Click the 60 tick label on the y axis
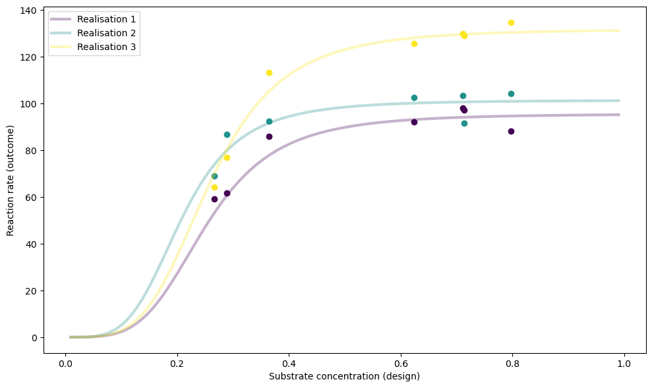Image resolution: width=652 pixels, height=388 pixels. [x=32, y=198]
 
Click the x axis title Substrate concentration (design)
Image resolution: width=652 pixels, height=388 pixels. [x=344, y=376]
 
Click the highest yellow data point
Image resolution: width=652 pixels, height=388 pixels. [x=511, y=22]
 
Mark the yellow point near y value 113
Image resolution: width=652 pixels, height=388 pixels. [x=269, y=72]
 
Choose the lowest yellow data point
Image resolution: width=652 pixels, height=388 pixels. [x=214, y=187]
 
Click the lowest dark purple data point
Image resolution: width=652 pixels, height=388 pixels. [x=214, y=199]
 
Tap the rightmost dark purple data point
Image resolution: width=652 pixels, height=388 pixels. [x=511, y=131]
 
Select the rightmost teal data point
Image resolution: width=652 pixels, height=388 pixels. [x=511, y=94]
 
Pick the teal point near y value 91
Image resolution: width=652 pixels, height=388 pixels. [x=464, y=123]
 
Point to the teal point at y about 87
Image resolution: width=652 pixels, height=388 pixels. [x=227, y=134]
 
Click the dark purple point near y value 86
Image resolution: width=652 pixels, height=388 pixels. [x=269, y=136]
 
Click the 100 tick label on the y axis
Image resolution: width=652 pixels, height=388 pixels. [x=29, y=104]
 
